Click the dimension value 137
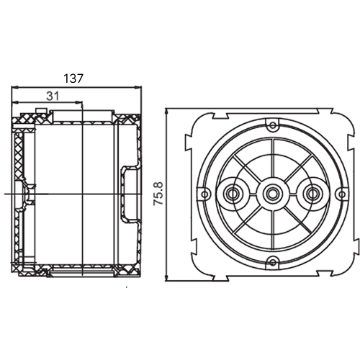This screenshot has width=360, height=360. (73, 78)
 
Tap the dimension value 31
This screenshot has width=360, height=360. (53, 96)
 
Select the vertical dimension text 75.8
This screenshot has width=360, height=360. (158, 194)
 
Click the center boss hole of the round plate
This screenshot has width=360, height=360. (272, 194)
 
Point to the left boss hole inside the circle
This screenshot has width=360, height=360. (232, 194)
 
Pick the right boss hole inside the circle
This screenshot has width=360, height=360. (312, 194)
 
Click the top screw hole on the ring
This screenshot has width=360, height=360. (273, 125)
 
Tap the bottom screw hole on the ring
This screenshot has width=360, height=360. (273, 262)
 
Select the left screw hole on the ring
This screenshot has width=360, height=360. (204, 194)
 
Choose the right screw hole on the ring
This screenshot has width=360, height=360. (341, 194)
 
